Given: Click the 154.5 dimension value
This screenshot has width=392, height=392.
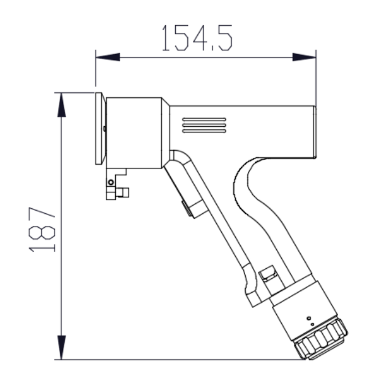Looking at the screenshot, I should coord(197,37).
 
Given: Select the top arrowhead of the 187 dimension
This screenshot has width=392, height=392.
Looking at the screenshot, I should coord(61,104).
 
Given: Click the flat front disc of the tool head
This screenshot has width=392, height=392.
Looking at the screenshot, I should coord(99,128).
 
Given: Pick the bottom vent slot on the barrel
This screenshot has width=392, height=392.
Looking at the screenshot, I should coord(204,130).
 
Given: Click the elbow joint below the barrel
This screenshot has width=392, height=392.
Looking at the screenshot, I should coord(177,159).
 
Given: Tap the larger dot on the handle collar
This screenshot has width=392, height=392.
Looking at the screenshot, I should coord(308,318).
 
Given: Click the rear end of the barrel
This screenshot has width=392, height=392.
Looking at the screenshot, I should coord(313,131).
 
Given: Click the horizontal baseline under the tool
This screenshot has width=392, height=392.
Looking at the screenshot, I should coord(184,360).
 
